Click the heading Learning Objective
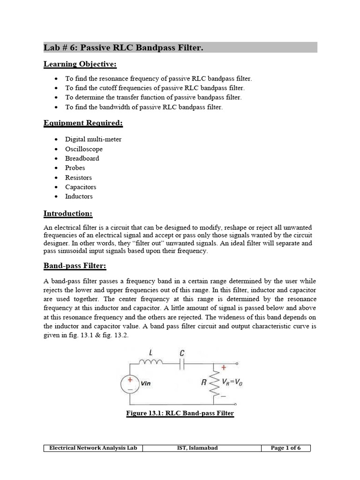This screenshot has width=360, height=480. point(74,63)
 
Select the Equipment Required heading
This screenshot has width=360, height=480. point(83,123)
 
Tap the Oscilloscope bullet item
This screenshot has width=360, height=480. point(84,149)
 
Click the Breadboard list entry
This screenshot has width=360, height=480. point(82,158)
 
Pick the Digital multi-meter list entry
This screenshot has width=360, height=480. point(93,139)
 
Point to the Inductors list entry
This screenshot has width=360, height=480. point(79,196)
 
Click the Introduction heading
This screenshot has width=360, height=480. point(68,214)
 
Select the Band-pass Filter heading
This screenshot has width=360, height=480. point(75,266)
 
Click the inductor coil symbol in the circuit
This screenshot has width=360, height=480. point(150,362)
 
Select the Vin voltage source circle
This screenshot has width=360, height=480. point(129,384)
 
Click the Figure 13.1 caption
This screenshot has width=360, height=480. point(180,413)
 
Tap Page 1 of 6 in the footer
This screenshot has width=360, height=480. point(285,448)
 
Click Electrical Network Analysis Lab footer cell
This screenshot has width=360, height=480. point(93,448)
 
